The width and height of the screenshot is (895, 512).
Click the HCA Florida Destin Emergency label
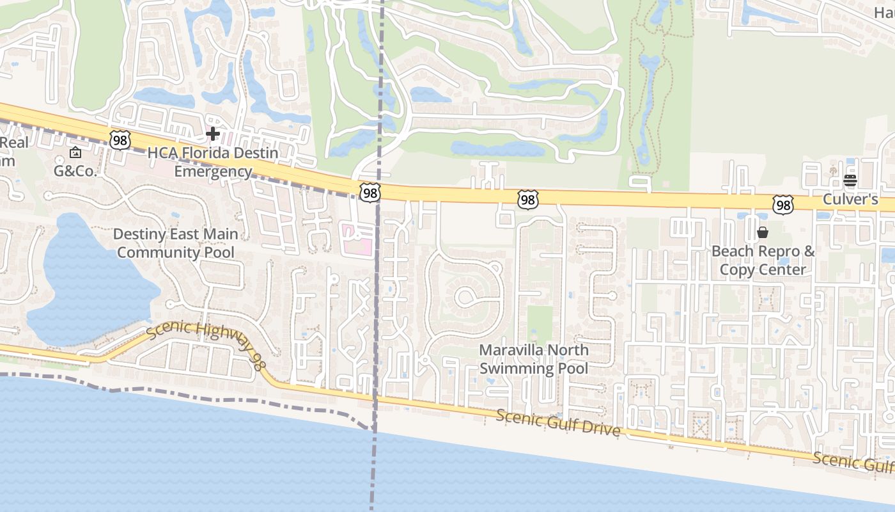[213, 163]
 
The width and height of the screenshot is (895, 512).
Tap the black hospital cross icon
[213, 134]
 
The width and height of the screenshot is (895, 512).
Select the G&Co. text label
[75, 171]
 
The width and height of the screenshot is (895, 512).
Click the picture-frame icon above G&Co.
[75, 152]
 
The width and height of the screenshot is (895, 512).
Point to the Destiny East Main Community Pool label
[176, 243]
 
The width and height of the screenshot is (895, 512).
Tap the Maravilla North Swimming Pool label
[533, 359]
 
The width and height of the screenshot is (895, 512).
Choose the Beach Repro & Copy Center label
[763, 260]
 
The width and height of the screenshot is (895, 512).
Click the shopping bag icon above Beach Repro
[763, 232]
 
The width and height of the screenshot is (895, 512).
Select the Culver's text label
[850, 199]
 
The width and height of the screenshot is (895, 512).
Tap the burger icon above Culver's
[850, 180]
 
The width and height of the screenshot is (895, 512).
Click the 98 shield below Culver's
[782, 205]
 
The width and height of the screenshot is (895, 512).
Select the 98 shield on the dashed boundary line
[370, 192]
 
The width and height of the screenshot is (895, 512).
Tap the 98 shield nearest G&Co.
[120, 140]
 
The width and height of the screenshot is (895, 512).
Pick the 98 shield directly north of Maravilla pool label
[528, 200]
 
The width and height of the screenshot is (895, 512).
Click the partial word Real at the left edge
[14, 142]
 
